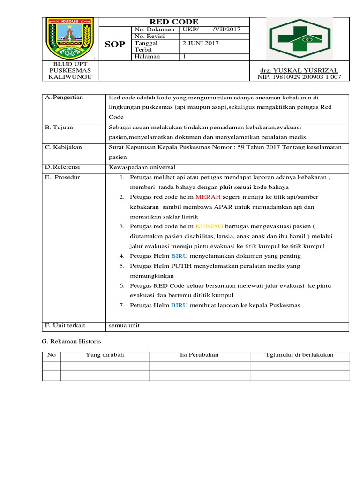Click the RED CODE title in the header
[173, 22]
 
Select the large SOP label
[115, 44]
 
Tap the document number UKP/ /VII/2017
[211, 29]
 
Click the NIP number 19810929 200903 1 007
[299, 77]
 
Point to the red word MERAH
[209, 197]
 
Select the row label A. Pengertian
[64, 97]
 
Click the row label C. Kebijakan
[63, 147]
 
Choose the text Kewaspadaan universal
[138, 167]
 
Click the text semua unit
[124, 325]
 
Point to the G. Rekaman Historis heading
[71, 341]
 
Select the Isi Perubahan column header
[199, 355]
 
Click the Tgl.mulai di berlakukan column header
[300, 355]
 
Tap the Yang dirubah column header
[105, 355]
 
